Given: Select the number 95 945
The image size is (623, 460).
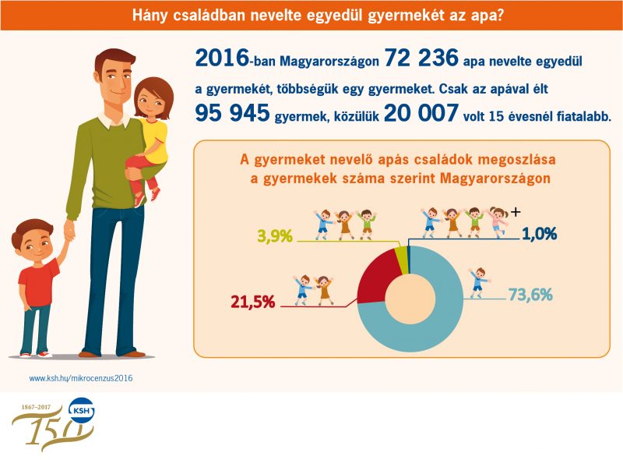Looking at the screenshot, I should tap(231, 113).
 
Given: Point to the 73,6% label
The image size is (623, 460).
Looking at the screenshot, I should tap(530, 295).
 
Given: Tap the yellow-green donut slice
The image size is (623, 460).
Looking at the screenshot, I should tap(401, 256).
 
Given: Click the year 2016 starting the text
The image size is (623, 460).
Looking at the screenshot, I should tap(220, 58).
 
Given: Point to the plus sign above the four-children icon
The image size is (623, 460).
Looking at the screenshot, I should tap(514, 211).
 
